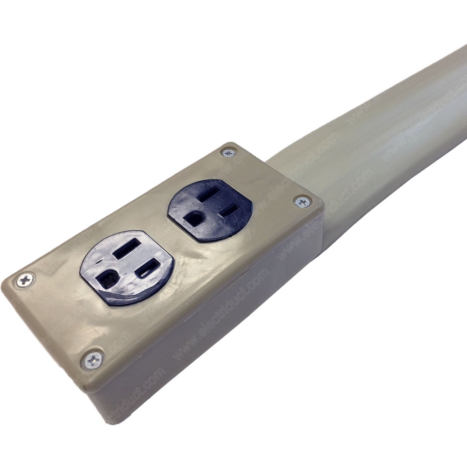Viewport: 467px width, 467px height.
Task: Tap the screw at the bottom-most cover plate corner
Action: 94,360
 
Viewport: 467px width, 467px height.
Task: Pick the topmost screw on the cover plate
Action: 228,152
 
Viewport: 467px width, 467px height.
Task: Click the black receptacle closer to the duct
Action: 210,210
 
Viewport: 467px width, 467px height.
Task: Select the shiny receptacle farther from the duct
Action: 127,267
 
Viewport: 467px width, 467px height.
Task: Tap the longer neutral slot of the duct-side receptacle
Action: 209,194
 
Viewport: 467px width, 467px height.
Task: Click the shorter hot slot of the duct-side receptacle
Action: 230,210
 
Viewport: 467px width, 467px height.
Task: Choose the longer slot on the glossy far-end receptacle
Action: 127,248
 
